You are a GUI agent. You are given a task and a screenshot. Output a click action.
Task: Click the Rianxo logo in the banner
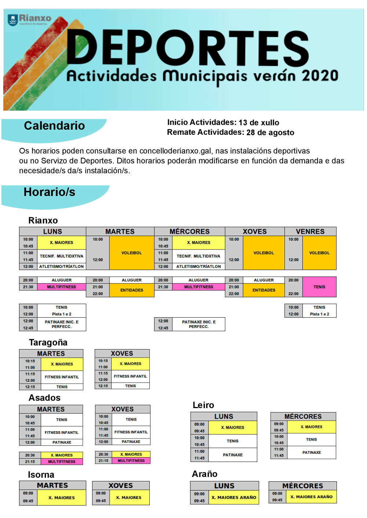pyautogui.click(x=29, y=19)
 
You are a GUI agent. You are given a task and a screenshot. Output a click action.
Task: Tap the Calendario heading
pyautogui.click(x=54, y=126)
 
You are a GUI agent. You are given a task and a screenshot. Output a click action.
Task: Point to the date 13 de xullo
pyautogui.click(x=259, y=123)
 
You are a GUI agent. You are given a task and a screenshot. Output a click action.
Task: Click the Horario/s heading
pyautogui.click(x=50, y=192)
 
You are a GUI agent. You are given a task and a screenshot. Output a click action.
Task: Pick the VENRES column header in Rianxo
pyautogui.click(x=310, y=232)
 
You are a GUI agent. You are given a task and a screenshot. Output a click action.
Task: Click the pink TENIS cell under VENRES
pyautogui.click(x=319, y=287)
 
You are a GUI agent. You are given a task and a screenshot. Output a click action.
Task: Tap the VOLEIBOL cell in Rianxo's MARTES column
pyautogui.click(x=131, y=253)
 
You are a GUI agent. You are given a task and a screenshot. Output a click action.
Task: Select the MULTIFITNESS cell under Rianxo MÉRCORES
pyautogui.click(x=199, y=287)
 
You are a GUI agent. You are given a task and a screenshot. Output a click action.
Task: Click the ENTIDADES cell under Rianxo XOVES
pyautogui.click(x=264, y=290)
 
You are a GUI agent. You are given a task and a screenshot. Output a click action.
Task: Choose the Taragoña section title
pyautogui.click(x=48, y=343)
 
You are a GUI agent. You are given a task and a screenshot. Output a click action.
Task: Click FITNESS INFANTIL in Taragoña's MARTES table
pyautogui.click(x=62, y=377)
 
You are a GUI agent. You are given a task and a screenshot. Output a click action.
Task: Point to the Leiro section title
pyautogui.click(x=203, y=405)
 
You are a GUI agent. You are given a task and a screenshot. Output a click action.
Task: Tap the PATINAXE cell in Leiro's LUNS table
pyautogui.click(x=233, y=455)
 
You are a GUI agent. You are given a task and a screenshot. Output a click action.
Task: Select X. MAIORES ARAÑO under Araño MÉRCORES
pyautogui.click(x=311, y=497)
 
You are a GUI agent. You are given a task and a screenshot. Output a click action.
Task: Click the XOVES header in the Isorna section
pyautogui.click(x=120, y=486)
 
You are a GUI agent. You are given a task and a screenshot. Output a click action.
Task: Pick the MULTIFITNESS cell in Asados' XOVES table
pyautogui.click(x=131, y=461)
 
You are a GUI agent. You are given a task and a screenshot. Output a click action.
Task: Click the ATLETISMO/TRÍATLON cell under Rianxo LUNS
pyautogui.click(x=61, y=267)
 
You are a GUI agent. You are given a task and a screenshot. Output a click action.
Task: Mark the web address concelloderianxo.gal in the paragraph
pyautogui.click(x=175, y=151)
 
